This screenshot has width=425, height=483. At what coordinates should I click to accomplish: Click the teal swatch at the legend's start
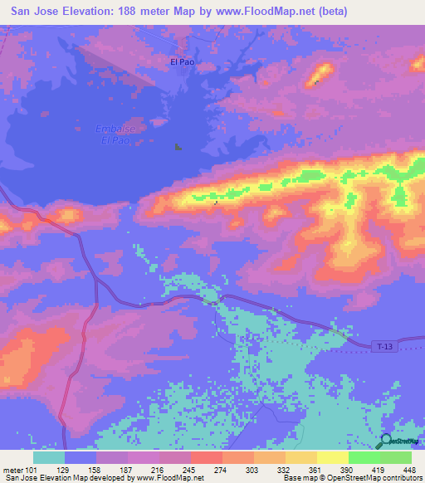click(x=49, y=457)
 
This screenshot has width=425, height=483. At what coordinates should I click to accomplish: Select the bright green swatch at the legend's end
click(x=396, y=457)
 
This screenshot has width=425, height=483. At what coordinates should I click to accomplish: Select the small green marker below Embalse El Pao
click(x=178, y=148)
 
